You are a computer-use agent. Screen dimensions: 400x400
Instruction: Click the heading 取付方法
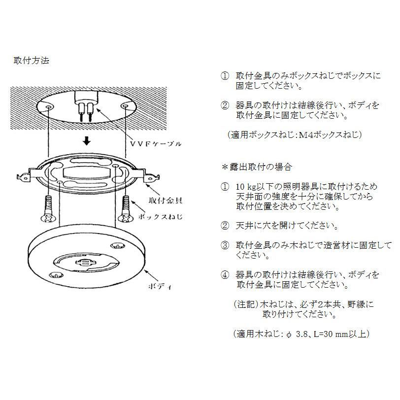32,61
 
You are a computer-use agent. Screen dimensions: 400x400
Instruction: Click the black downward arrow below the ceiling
87,141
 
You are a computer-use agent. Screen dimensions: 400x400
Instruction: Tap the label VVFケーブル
156,144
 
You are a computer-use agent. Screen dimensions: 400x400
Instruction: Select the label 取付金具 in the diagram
166,200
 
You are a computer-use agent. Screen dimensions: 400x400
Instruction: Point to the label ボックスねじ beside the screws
161,217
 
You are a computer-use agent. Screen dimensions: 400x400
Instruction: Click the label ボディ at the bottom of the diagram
160,286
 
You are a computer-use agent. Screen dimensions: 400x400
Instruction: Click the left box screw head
48,218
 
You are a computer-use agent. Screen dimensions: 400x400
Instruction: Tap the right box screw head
126,218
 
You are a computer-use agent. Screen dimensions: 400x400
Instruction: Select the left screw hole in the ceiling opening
48,106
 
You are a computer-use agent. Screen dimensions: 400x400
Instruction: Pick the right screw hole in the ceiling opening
125,105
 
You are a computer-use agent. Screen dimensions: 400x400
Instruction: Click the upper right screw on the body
118,246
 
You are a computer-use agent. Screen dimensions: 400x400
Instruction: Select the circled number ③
225,245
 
